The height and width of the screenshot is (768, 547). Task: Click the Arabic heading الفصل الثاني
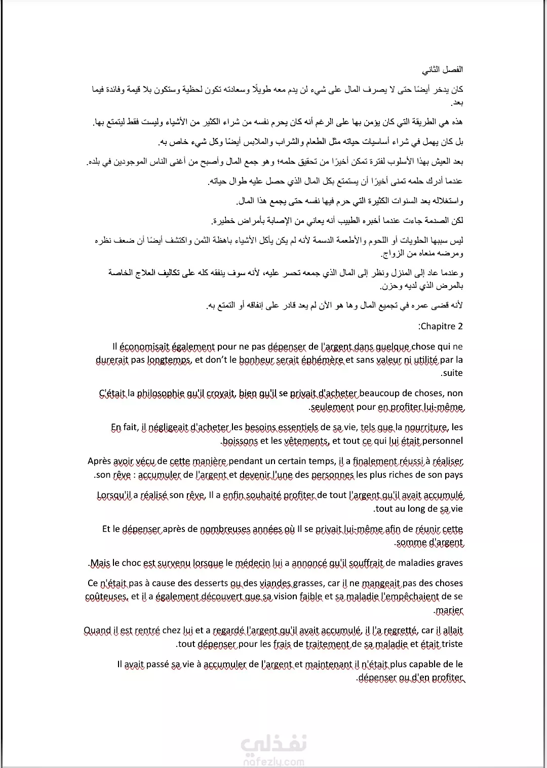(x=443, y=69)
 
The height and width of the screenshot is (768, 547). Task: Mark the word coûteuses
(x=106, y=597)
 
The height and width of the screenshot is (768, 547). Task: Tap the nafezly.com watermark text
(x=273, y=760)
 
